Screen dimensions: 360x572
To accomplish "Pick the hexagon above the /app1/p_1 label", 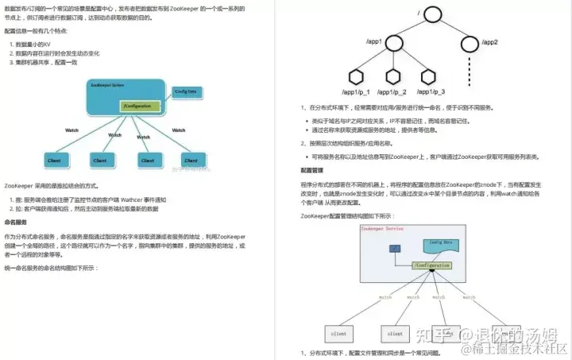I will click(x=357, y=76).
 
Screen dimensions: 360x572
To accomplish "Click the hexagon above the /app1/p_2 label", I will click(x=394, y=76).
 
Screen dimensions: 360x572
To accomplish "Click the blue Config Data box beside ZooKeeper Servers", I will click(x=186, y=91).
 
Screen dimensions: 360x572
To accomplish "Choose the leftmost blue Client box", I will click(x=55, y=160).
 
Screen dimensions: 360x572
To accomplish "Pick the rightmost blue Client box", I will click(x=189, y=160).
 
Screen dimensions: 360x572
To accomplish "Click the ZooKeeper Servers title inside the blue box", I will click(x=106, y=84).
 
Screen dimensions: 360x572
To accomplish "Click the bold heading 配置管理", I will click(x=312, y=170).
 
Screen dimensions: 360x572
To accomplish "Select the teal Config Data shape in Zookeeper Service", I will click(x=442, y=243).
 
